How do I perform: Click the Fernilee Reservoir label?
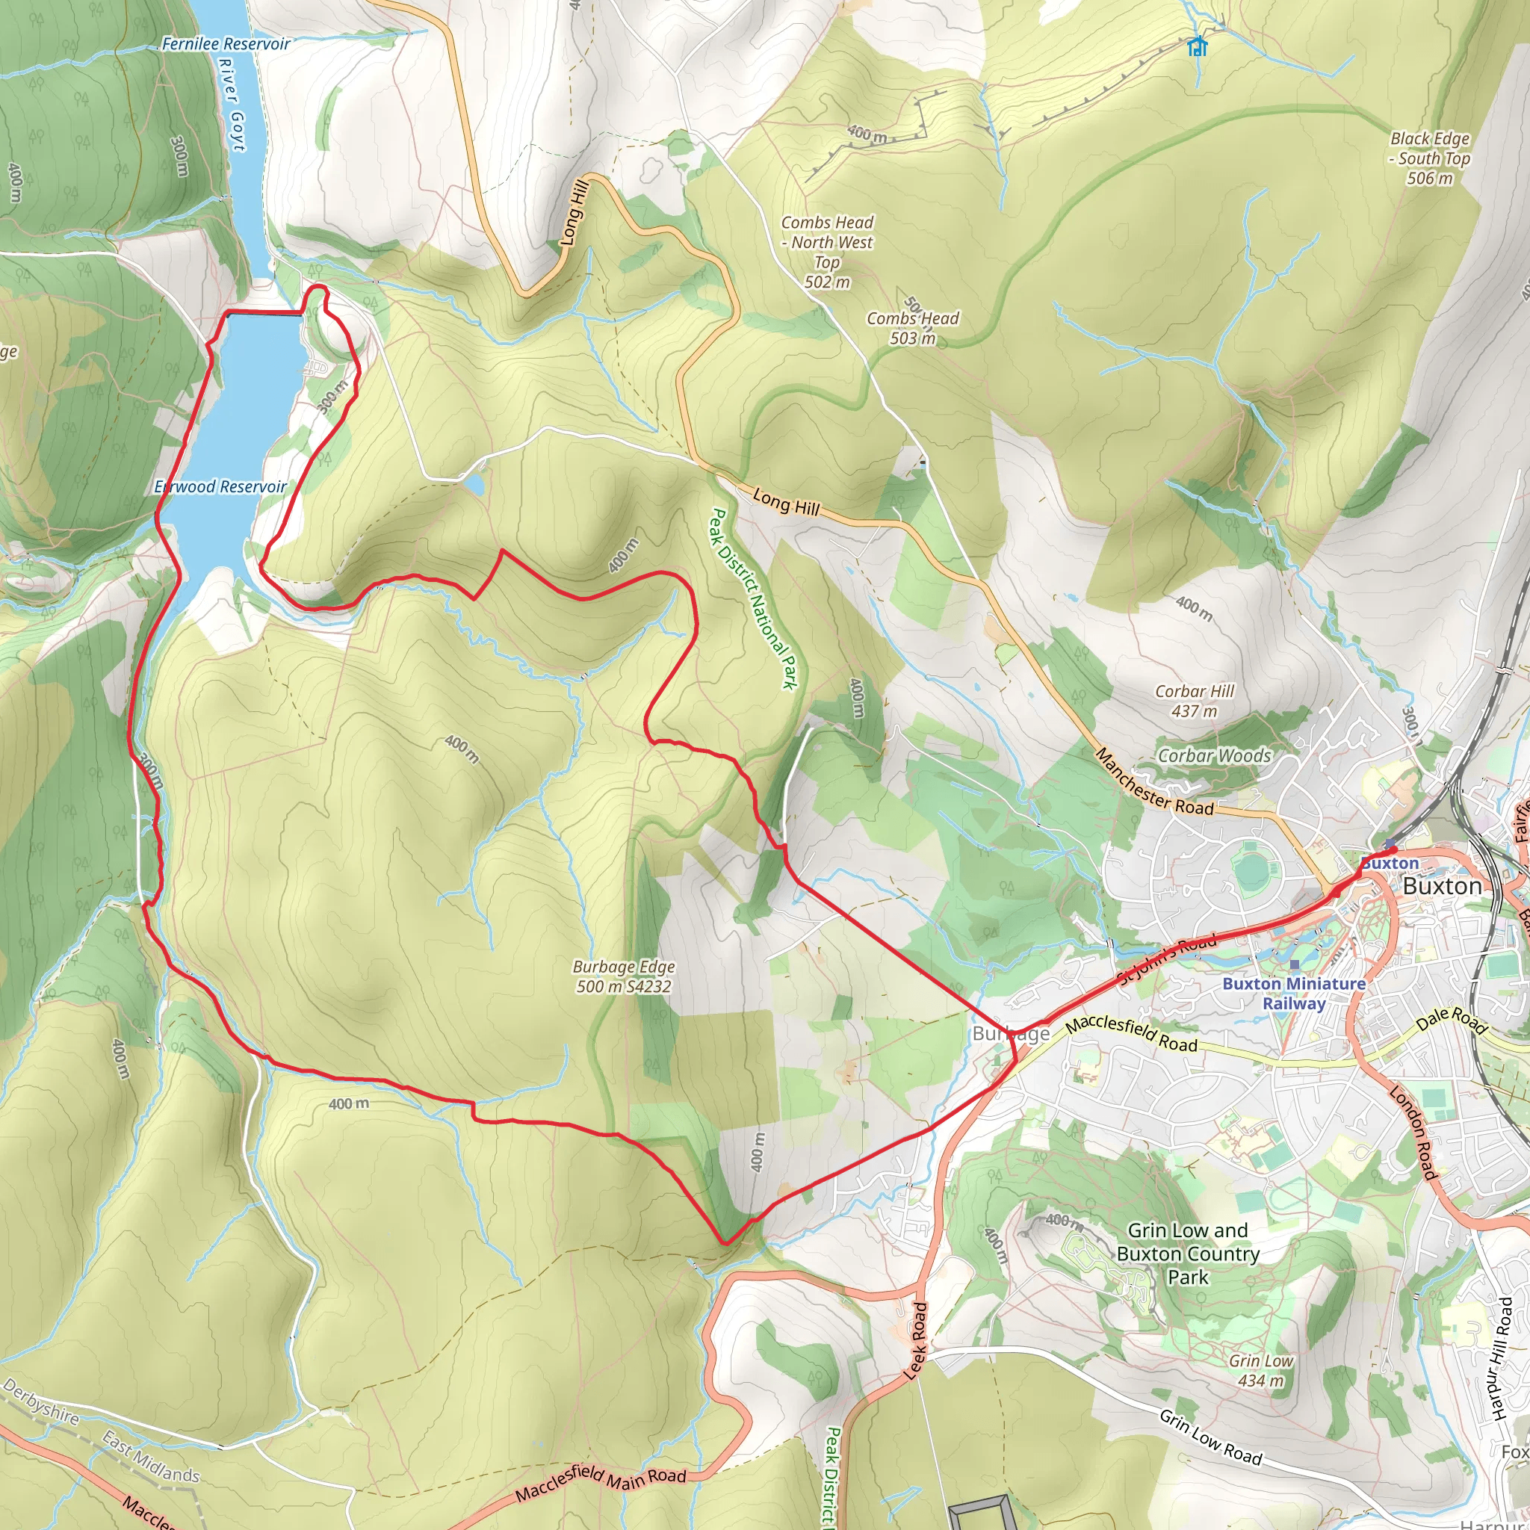pos(226,44)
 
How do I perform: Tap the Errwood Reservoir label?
pos(221,487)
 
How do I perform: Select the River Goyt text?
pos(232,104)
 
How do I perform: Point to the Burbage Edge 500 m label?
pos(624,976)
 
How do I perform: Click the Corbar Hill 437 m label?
pos(1195,701)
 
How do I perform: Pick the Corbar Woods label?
pos(1214,755)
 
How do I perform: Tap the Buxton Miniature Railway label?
pos(1294,993)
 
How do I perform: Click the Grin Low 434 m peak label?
pos(1261,1370)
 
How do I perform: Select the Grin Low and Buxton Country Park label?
pos(1188,1254)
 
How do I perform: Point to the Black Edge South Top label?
pos(1430,158)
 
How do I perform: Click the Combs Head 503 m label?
pos(912,328)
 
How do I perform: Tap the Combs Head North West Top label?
pos(828,252)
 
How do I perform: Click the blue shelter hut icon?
pos(1198,47)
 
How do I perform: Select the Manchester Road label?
pos(1155,782)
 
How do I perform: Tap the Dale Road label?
pos(1451,1020)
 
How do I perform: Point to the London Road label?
pos(1413,1133)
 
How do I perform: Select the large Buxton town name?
pos(1441,886)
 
